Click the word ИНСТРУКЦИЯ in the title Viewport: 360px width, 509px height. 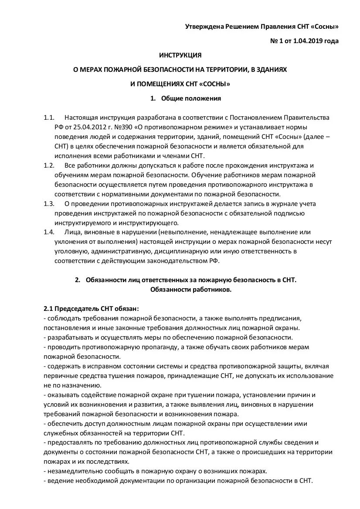(180, 55)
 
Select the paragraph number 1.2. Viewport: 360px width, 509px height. (49, 165)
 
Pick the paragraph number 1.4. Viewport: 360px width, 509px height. (49, 232)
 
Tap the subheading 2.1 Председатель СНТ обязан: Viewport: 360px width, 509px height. (91, 308)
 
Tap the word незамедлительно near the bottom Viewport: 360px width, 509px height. (74, 471)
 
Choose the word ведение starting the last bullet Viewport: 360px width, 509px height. (58, 481)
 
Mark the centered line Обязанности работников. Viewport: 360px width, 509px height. (191, 289)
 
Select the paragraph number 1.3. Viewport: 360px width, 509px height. (49, 203)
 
